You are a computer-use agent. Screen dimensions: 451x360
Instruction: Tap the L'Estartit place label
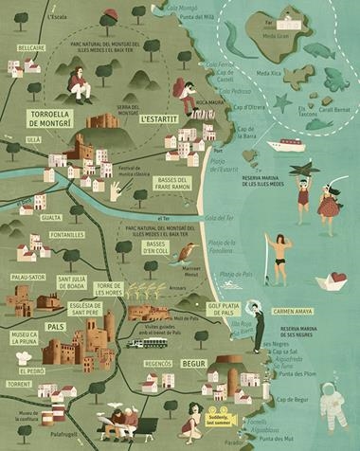[x=158, y=121]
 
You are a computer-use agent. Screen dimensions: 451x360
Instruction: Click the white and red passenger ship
[x=286, y=144]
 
